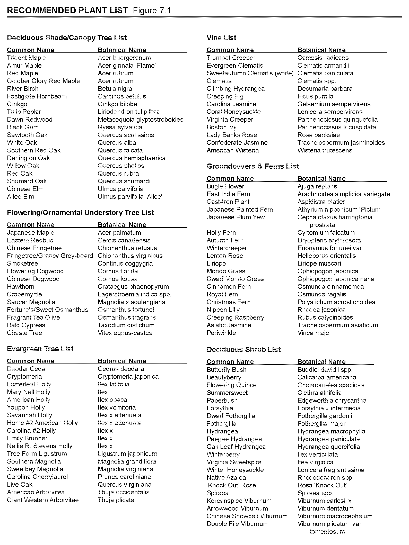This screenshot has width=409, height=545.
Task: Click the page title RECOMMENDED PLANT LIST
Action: pos(67,11)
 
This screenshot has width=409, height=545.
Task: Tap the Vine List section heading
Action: pos(221,38)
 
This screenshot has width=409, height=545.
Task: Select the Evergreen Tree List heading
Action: pos(40,349)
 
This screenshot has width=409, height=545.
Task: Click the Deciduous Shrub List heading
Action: pos(243,350)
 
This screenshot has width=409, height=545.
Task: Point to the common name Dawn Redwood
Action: pos(30,120)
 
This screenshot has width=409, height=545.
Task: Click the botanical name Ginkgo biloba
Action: pos(117,104)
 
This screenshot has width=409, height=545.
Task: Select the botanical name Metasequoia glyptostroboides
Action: pos(141,120)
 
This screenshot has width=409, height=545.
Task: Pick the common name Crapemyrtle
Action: pos(24,294)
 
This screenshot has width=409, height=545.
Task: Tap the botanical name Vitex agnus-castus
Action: pos(125,333)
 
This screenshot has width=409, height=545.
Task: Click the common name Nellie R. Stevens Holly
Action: pos(40,446)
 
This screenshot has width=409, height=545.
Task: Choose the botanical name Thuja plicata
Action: pos(116,500)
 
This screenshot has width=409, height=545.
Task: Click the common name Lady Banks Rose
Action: pos(232,135)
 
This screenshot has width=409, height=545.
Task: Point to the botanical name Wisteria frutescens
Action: pos(325,150)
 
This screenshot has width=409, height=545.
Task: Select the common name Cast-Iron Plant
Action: pos(228,202)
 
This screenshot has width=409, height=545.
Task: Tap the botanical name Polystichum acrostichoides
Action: pos(336,302)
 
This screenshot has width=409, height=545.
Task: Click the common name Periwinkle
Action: pos(221,333)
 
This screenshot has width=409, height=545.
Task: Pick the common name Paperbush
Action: pos(222,401)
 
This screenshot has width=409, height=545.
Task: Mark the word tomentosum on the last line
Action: pos(327,532)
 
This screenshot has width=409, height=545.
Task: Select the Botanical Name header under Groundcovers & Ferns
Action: pos(321,179)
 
